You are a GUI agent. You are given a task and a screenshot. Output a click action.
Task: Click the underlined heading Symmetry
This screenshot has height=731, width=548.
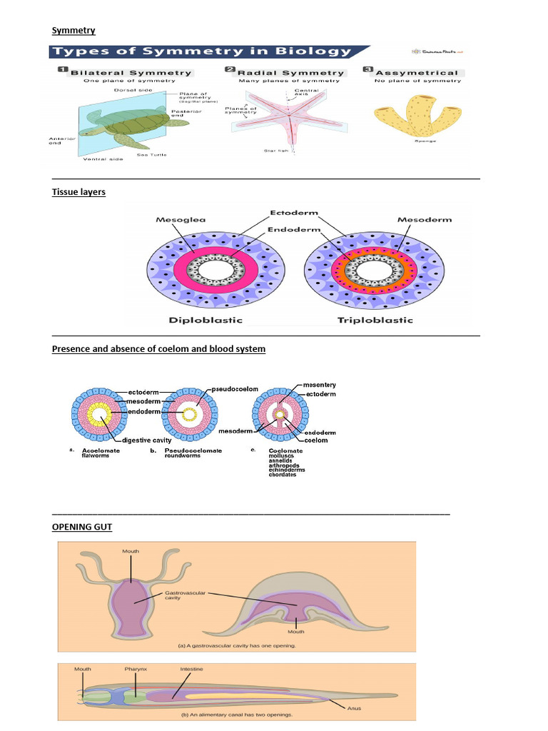click(73, 30)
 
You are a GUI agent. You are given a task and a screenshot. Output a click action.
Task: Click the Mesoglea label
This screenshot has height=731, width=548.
click(177, 220)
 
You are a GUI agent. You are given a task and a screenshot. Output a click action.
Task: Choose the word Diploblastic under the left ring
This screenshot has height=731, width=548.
click(205, 320)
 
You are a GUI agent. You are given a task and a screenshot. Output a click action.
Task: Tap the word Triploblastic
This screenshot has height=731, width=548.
click(375, 320)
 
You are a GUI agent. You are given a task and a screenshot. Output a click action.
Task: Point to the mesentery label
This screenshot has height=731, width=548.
click(319, 385)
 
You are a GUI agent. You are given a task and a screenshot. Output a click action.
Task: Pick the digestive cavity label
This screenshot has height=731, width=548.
click(149, 440)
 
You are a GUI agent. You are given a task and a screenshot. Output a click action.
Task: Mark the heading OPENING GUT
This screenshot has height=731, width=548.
click(81, 527)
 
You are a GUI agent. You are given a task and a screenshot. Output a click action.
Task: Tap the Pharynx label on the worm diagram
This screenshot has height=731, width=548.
click(136, 669)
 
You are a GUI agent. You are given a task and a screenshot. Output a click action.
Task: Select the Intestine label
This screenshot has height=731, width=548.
click(191, 669)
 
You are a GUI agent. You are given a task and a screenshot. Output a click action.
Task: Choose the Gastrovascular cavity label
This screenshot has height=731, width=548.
click(178, 595)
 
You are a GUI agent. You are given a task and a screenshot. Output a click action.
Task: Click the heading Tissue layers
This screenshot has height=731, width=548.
click(78, 192)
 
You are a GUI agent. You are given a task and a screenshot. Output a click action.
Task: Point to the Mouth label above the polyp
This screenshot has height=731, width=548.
click(131, 551)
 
